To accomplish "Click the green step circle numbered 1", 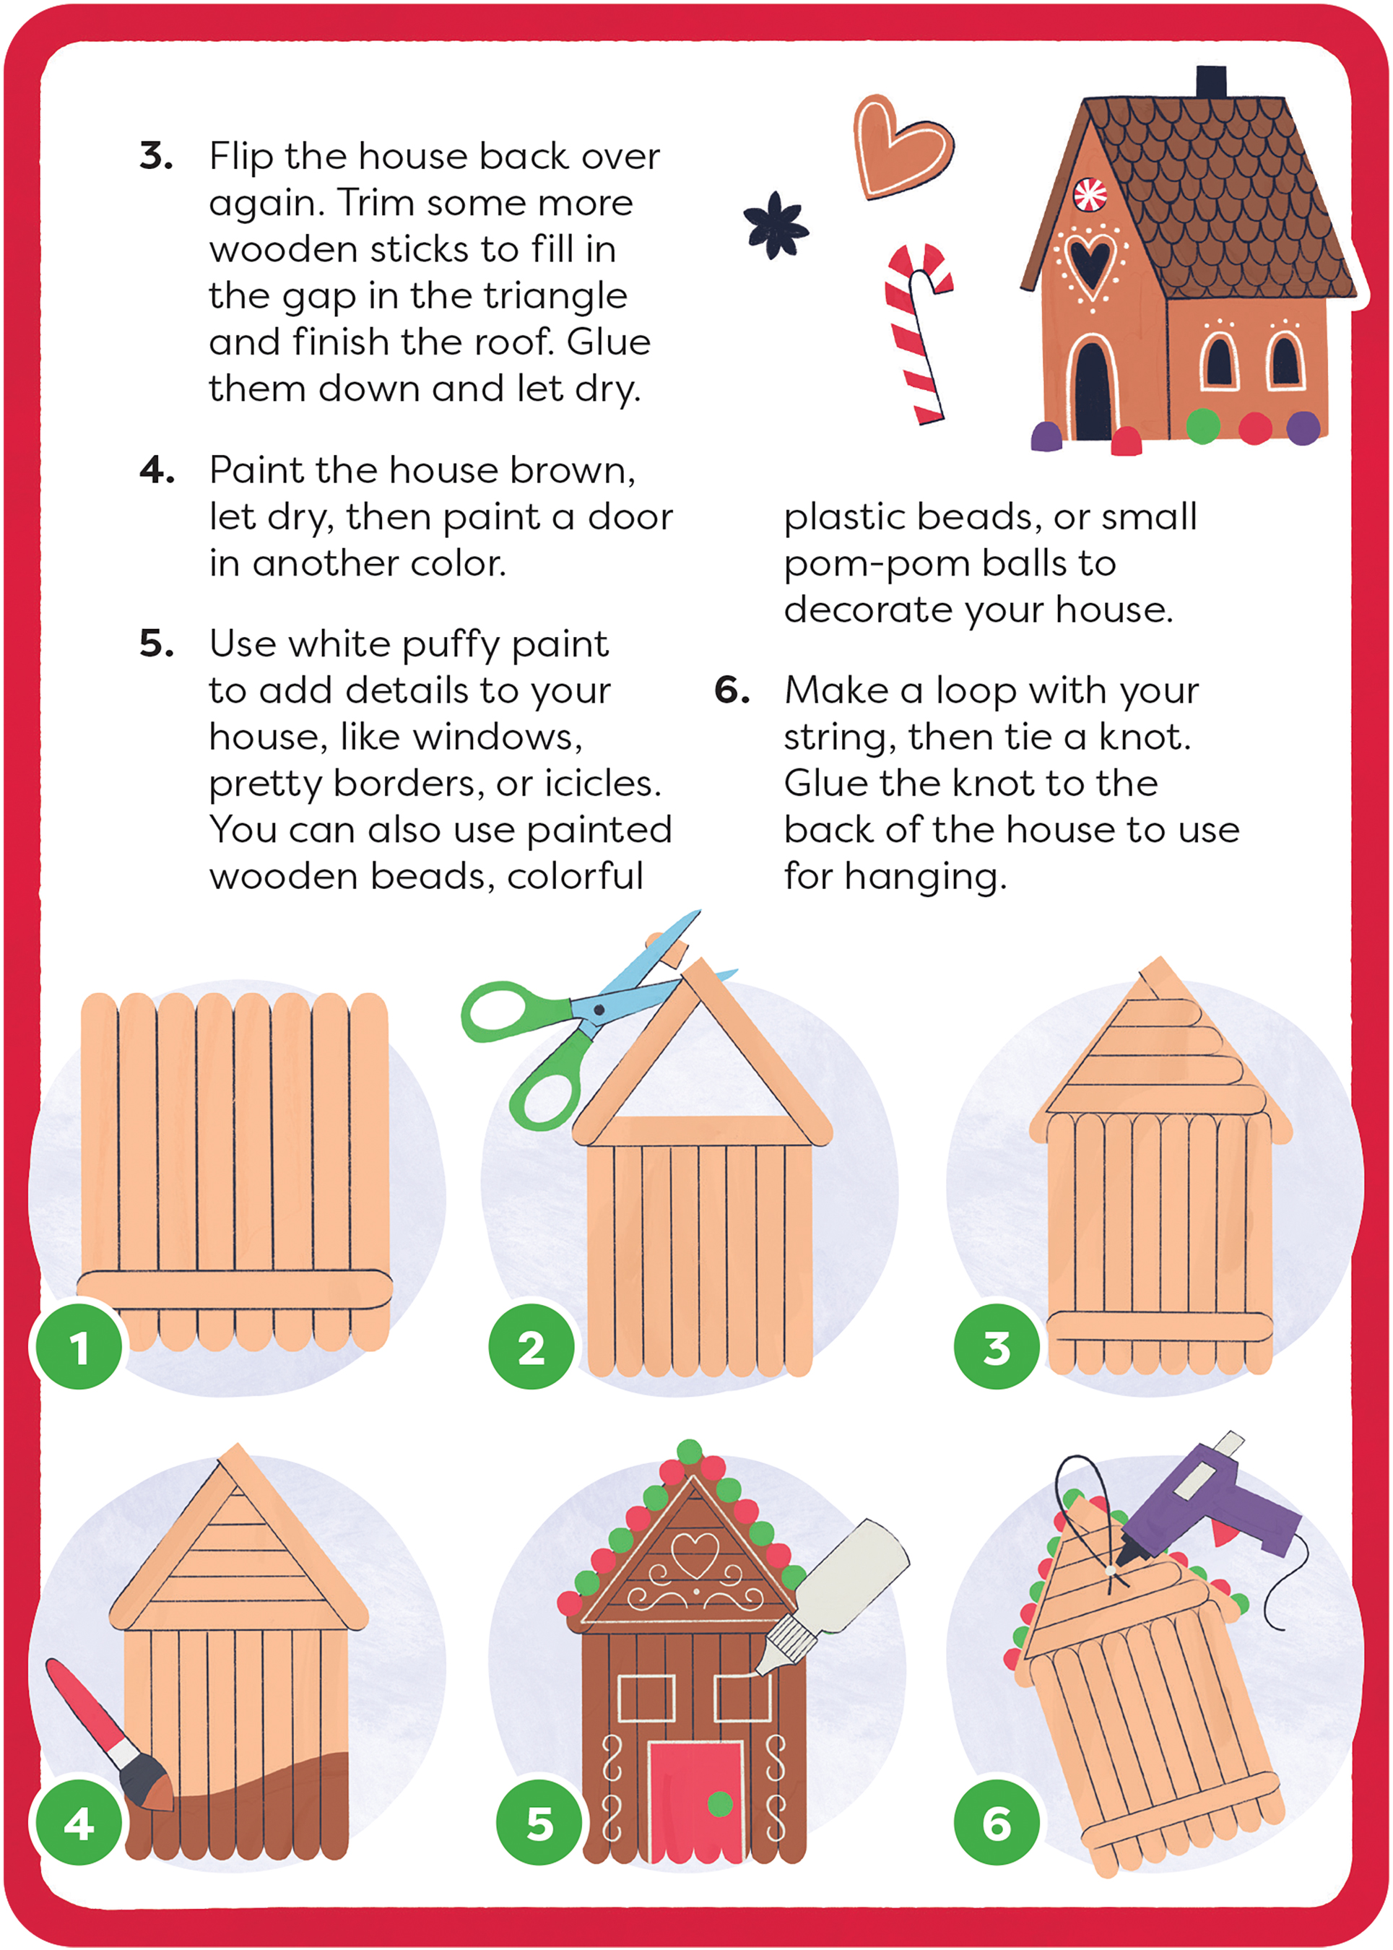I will click(79, 1347).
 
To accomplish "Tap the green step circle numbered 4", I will click(79, 1822).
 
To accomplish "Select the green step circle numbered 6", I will click(996, 1822).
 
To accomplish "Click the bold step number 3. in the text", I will click(156, 156).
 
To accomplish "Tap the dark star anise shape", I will click(775, 225).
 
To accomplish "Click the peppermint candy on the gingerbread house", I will click(1090, 195).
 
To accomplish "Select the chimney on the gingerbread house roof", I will click(1210, 82).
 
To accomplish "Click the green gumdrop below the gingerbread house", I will click(1202, 425).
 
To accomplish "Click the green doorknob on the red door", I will click(720, 1803).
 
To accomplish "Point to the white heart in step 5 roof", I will click(694, 1553).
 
